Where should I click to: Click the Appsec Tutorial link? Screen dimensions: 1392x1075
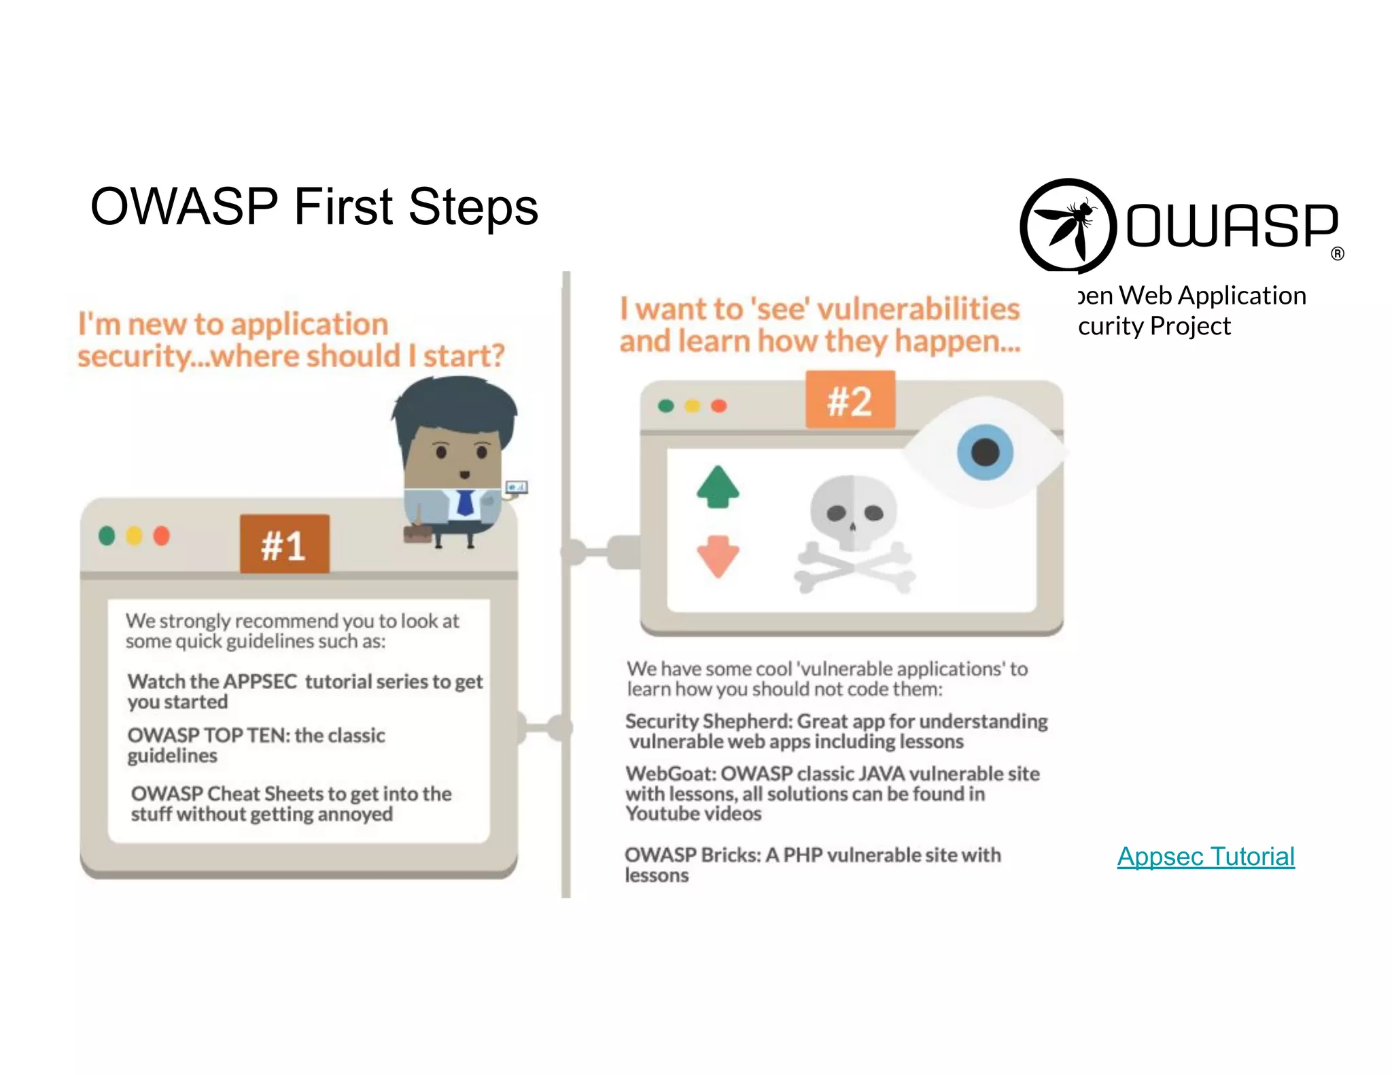1206,856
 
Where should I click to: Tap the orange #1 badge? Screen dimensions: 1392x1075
284,544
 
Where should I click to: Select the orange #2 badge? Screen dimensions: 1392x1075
850,400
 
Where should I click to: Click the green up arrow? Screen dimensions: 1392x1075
718,487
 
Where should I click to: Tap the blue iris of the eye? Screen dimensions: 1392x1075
985,452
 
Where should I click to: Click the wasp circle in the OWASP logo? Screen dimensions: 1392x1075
1068,226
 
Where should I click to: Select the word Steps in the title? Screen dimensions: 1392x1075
473,207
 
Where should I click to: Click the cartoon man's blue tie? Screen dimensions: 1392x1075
465,502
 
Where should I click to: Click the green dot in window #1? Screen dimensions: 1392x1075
107,535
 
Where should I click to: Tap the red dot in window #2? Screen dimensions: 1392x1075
719,406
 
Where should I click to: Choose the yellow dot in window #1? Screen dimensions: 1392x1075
134,535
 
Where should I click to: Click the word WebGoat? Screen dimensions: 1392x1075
670,774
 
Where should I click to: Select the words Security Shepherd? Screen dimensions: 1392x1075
708,721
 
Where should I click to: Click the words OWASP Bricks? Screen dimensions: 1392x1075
692,855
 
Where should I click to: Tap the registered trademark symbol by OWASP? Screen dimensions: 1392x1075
1338,254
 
